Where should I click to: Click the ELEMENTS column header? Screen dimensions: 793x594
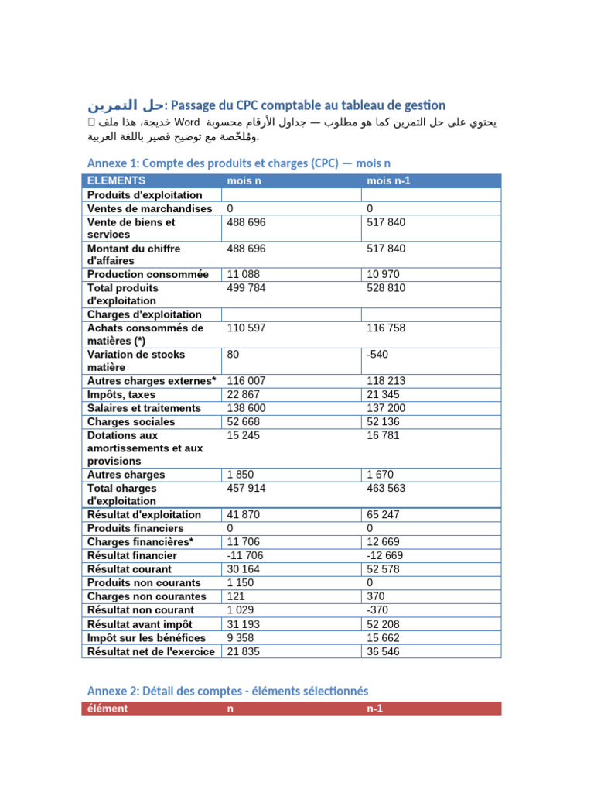click(x=117, y=180)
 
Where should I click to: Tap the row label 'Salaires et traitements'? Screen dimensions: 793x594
click(x=144, y=408)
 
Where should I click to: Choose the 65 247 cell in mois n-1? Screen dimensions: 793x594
click(x=383, y=515)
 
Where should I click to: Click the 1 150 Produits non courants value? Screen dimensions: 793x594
click(x=241, y=583)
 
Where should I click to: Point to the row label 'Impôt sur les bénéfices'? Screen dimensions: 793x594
click(x=146, y=638)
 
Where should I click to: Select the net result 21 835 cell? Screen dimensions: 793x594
click(x=244, y=652)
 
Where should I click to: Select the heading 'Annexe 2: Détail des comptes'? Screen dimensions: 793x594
click(x=227, y=691)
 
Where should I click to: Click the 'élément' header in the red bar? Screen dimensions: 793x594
click(x=108, y=709)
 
